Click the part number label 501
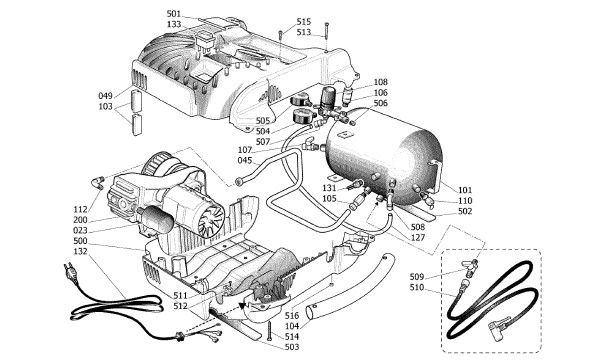[x=174, y=14]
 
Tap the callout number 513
[x=304, y=32]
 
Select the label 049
[x=105, y=96]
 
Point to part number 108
[x=380, y=82]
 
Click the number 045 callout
[x=245, y=160]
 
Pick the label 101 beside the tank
[x=465, y=190]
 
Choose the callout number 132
[x=80, y=251]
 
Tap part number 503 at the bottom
[x=292, y=347]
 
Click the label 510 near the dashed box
[x=417, y=287]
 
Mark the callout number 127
[x=417, y=238]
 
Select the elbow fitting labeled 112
[x=97, y=181]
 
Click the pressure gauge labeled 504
[x=302, y=116]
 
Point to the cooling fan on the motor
[x=211, y=218]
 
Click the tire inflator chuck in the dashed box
[x=499, y=328]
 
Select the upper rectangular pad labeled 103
[x=137, y=101]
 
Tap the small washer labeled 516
[x=332, y=285]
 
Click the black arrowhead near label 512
[x=243, y=307]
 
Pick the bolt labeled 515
[x=281, y=34]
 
